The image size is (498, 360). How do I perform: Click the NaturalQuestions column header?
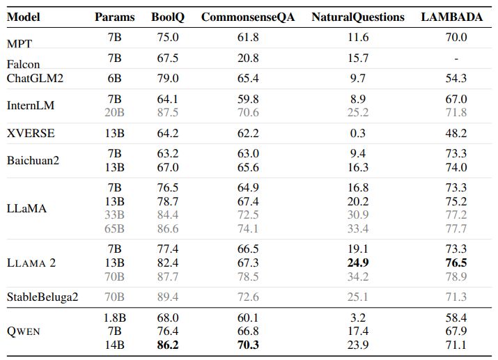[357, 17]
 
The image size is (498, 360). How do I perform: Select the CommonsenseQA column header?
[247, 17]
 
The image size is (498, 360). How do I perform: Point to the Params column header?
[114, 17]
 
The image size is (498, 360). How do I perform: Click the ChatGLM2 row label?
[35, 78]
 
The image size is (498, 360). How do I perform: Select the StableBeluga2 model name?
[42, 297]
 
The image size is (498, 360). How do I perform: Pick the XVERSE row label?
[31, 132]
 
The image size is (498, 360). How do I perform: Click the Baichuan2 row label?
[33, 160]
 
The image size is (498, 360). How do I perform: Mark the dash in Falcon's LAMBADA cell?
[456, 58]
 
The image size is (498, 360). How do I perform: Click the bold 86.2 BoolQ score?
[167, 344]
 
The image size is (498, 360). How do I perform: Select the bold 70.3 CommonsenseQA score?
[247, 344]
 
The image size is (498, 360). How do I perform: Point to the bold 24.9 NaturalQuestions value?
[357, 263]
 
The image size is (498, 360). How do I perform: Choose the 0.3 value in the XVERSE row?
[357, 132]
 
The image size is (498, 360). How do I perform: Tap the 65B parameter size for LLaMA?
[114, 228]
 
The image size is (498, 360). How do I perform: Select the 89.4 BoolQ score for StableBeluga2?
[167, 297]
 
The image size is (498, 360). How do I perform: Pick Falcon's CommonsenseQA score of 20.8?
[247, 58]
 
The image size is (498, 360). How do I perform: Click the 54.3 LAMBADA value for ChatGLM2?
[456, 78]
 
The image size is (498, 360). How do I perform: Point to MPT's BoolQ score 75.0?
[167, 38]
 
